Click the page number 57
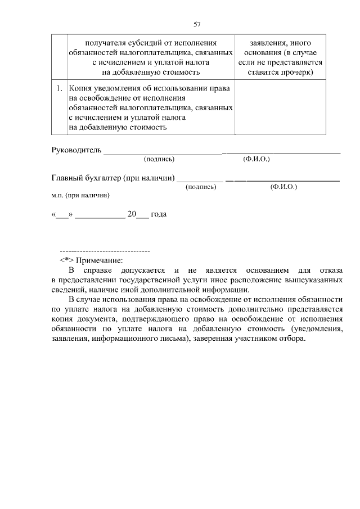pos(197,24)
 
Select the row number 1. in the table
pos(58,88)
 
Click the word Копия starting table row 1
pos(80,88)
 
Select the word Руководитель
pos(76,150)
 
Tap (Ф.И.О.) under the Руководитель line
pos(256,160)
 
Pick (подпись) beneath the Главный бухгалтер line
pos(201,187)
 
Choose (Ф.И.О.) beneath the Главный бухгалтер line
pos(283,187)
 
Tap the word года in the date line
pos(159,214)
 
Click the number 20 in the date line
pos(132,214)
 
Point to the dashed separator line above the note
pos(104,250)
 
